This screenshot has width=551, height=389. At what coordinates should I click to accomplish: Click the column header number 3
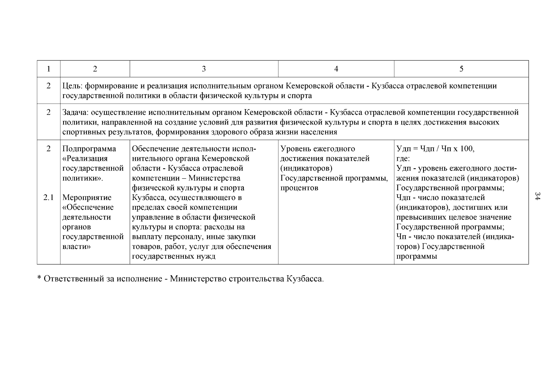point(204,69)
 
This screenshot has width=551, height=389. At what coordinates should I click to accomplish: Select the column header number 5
point(461,69)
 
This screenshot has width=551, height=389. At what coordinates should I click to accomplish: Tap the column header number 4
point(336,69)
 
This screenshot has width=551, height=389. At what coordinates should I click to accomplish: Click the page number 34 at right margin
point(537,196)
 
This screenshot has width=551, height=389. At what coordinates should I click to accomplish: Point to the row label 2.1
point(48,197)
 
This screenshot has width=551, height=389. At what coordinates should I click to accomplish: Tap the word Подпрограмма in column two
point(89,149)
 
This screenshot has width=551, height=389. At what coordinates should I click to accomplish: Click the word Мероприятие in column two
point(87,197)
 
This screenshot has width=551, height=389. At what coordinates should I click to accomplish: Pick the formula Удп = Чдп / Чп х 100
point(435,149)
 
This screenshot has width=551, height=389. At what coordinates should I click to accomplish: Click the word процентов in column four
point(299,188)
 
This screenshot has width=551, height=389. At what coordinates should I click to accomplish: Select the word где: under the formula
point(403,159)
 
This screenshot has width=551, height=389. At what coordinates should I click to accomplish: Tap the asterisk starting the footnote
point(39,278)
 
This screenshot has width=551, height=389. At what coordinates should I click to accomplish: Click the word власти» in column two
point(76,246)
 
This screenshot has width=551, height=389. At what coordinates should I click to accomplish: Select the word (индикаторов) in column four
point(306,169)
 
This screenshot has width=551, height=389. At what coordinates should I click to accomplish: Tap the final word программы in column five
point(417,256)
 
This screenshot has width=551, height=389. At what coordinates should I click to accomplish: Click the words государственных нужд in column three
point(173,256)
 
